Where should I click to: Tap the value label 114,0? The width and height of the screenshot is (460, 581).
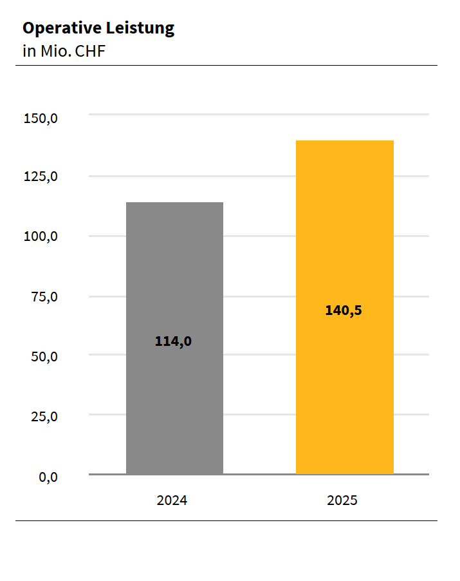[173, 341]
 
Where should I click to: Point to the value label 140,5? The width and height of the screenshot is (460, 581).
[344, 310]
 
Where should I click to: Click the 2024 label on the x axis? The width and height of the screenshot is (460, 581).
[172, 500]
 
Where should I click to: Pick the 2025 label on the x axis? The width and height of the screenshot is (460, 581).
[342, 500]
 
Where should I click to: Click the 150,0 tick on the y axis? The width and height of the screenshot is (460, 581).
[41, 119]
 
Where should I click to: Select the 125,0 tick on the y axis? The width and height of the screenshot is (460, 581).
[41, 176]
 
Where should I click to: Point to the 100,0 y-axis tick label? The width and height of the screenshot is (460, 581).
[41, 236]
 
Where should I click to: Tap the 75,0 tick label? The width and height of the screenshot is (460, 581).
[44, 297]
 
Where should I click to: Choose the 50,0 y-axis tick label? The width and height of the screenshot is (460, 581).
[44, 356]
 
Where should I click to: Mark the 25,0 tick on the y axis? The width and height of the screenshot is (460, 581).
[44, 416]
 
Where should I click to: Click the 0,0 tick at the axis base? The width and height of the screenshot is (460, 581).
[48, 477]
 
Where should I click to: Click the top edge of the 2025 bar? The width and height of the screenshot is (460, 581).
[344, 141]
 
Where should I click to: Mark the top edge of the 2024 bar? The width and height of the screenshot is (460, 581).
[174, 203]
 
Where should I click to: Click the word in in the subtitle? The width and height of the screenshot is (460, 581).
[29, 52]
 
